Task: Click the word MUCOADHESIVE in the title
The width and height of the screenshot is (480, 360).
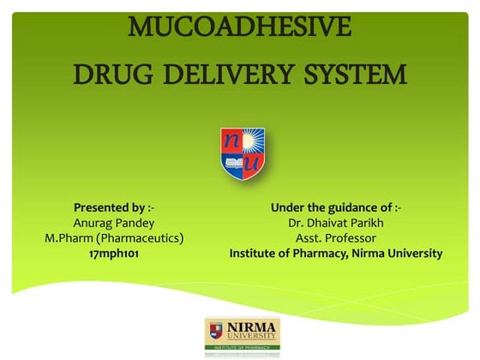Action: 240,27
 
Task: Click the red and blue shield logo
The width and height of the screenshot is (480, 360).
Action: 243,153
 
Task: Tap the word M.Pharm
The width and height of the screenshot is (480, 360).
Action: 72,238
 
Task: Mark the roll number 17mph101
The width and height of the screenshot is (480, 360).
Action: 114,254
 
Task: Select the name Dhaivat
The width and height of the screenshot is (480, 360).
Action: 332,223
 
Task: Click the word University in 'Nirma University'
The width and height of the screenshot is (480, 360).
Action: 414,254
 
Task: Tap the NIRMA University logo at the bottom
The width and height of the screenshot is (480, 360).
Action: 242,335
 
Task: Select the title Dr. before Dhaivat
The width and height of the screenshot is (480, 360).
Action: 297,223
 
